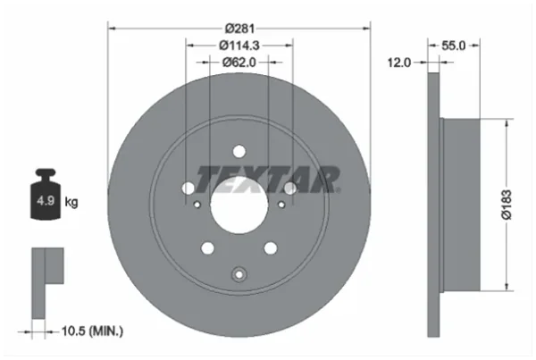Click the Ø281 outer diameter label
(x=239, y=29)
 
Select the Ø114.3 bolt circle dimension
(x=239, y=46)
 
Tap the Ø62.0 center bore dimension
(x=239, y=63)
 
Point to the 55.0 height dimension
(x=453, y=46)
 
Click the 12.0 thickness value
(x=399, y=63)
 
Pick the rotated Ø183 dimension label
(x=507, y=205)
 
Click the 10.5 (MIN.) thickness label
(x=92, y=331)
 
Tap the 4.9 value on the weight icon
(x=46, y=201)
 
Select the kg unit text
(x=71, y=202)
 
